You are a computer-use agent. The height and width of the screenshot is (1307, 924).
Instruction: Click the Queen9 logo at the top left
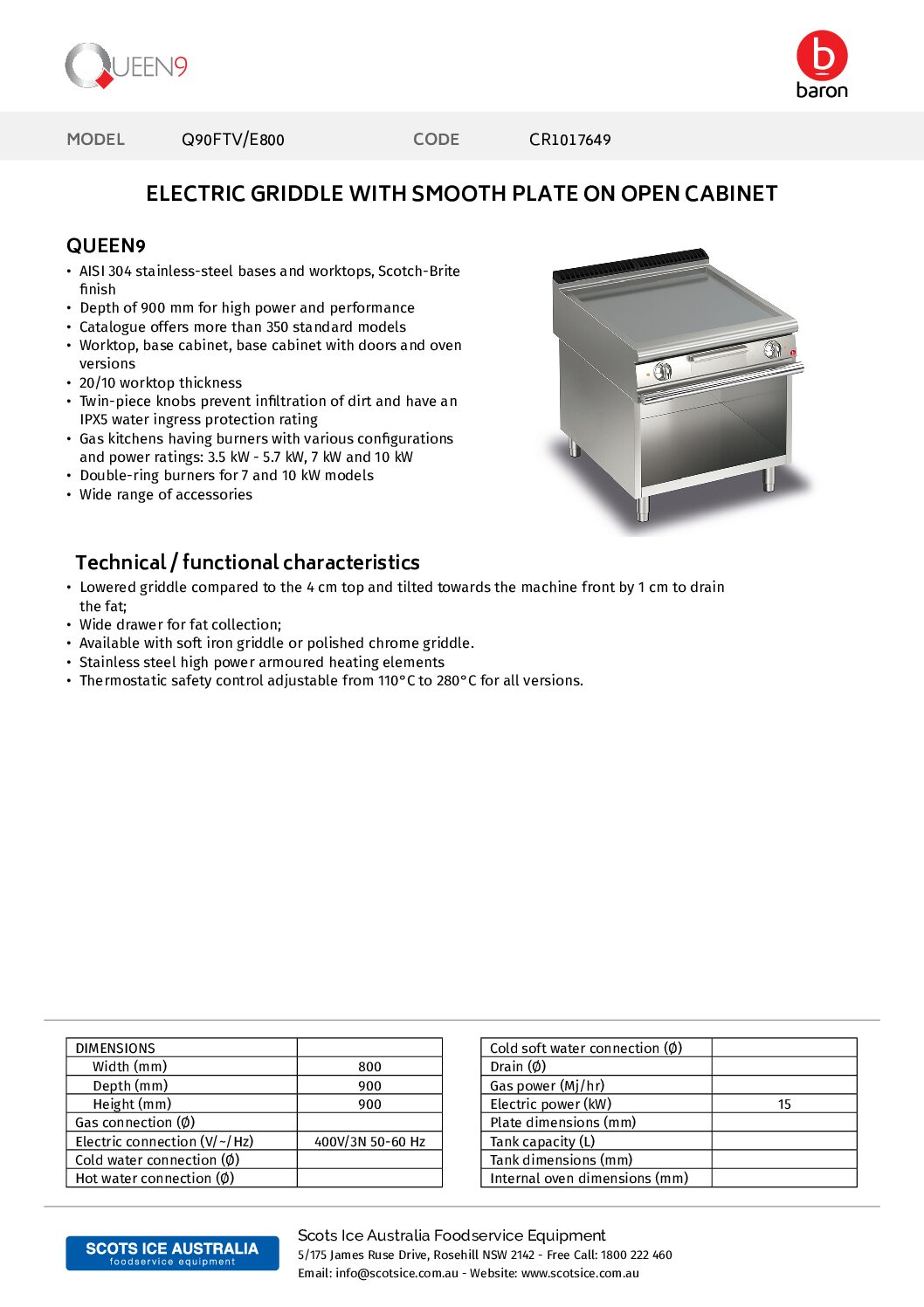[126, 65]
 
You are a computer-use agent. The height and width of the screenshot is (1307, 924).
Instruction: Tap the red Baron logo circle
[822, 56]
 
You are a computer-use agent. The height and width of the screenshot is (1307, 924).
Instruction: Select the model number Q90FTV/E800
[232, 140]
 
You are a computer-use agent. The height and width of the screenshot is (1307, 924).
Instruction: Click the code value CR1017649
[569, 140]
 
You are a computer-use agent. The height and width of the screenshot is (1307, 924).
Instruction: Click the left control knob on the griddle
[663, 371]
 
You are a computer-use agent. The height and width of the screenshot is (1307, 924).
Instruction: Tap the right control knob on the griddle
[772, 350]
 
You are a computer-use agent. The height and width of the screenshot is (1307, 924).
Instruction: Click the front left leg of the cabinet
[644, 508]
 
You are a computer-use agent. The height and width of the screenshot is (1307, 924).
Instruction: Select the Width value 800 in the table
[369, 1067]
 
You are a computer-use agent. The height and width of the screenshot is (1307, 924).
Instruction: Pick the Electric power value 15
[784, 1104]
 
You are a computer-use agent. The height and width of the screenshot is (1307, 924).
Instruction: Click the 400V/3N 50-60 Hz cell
[369, 1142]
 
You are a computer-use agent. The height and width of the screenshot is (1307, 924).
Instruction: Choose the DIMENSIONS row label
[115, 1049]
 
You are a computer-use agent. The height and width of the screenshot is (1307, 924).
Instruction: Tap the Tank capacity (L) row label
[541, 1142]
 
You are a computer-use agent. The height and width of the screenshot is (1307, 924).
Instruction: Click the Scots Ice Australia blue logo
[172, 1253]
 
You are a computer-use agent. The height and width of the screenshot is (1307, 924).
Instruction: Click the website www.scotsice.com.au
[580, 1273]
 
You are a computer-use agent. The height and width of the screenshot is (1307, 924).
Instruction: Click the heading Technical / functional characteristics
[247, 562]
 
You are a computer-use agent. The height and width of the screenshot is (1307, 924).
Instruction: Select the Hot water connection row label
[155, 1179]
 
